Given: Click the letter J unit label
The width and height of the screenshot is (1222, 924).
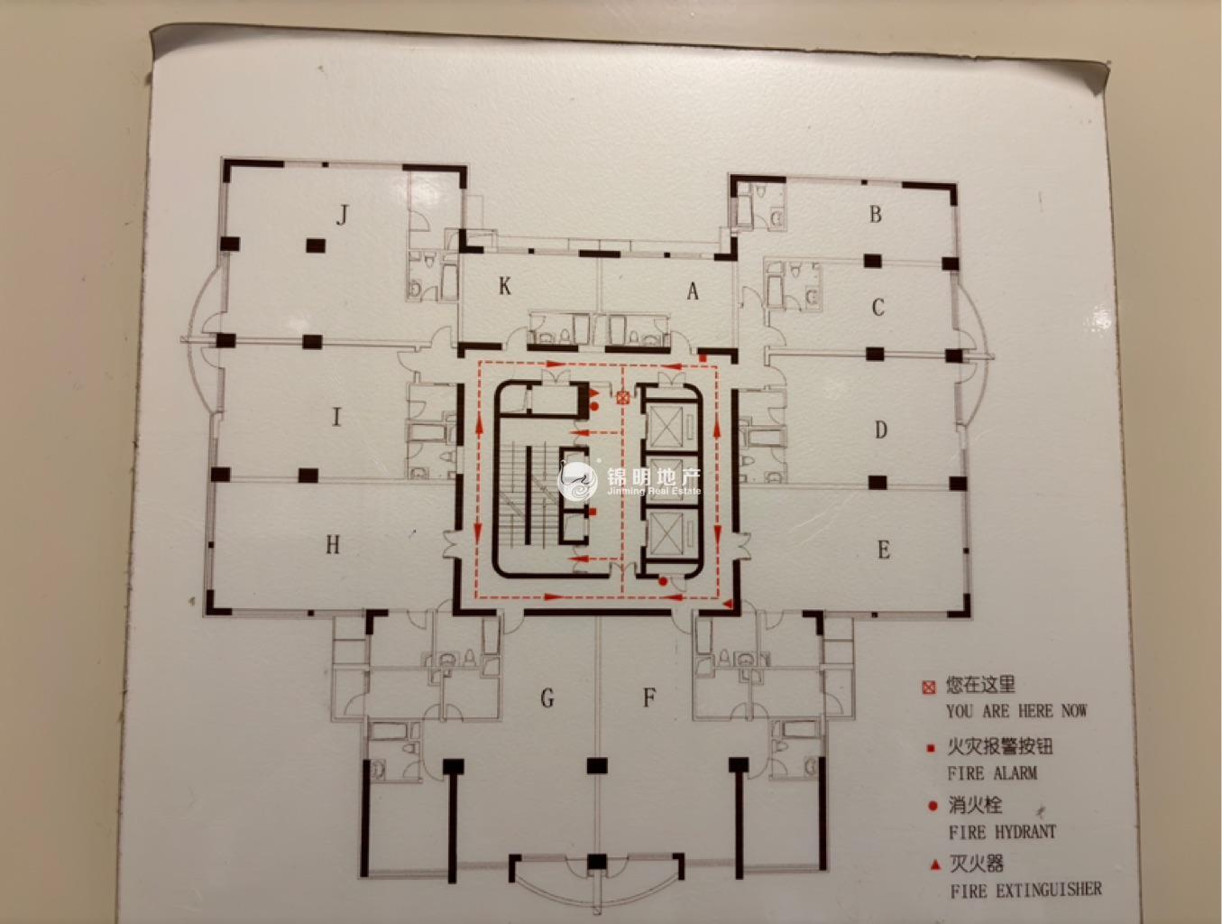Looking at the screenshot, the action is [x=343, y=215].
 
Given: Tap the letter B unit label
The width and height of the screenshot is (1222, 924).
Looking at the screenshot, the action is [x=876, y=214].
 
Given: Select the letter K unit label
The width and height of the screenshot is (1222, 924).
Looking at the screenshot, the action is [x=504, y=286].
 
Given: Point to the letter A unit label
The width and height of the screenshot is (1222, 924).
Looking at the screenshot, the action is [x=692, y=291].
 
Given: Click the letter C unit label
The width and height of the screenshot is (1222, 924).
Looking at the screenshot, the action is [x=878, y=308].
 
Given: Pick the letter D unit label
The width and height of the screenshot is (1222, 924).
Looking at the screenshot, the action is [x=880, y=430].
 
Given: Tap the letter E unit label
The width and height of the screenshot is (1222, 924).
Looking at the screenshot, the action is [x=884, y=550].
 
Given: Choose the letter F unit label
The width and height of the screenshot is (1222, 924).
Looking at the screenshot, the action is [x=649, y=698].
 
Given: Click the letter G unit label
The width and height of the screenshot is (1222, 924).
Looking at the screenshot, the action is [x=547, y=698].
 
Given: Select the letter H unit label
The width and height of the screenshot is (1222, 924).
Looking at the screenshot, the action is [x=333, y=545].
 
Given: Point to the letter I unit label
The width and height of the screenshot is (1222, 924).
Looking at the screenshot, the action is [x=335, y=417].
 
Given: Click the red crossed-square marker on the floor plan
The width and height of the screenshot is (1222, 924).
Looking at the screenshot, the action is [x=623, y=397].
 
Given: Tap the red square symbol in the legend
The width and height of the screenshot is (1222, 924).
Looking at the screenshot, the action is [x=931, y=749].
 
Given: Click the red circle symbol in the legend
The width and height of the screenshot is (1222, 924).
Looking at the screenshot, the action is [x=933, y=807].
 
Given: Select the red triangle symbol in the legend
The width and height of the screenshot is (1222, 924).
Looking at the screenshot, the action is [x=936, y=865].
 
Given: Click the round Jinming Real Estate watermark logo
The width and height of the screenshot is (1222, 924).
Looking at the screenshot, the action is [x=577, y=481].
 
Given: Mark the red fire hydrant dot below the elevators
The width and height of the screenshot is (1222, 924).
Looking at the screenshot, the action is [x=663, y=582].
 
